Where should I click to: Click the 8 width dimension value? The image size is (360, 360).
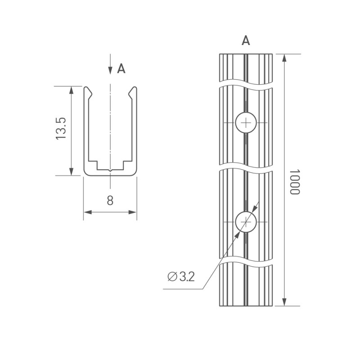[110, 201]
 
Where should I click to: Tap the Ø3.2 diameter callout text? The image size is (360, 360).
[181, 277]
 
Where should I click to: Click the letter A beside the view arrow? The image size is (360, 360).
[121, 69]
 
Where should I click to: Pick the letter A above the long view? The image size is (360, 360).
[246, 41]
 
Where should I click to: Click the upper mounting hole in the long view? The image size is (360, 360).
[246, 122]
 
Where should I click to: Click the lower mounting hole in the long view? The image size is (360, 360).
[246, 222]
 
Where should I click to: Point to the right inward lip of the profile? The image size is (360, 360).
[130, 94]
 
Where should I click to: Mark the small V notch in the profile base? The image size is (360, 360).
[110, 170]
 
